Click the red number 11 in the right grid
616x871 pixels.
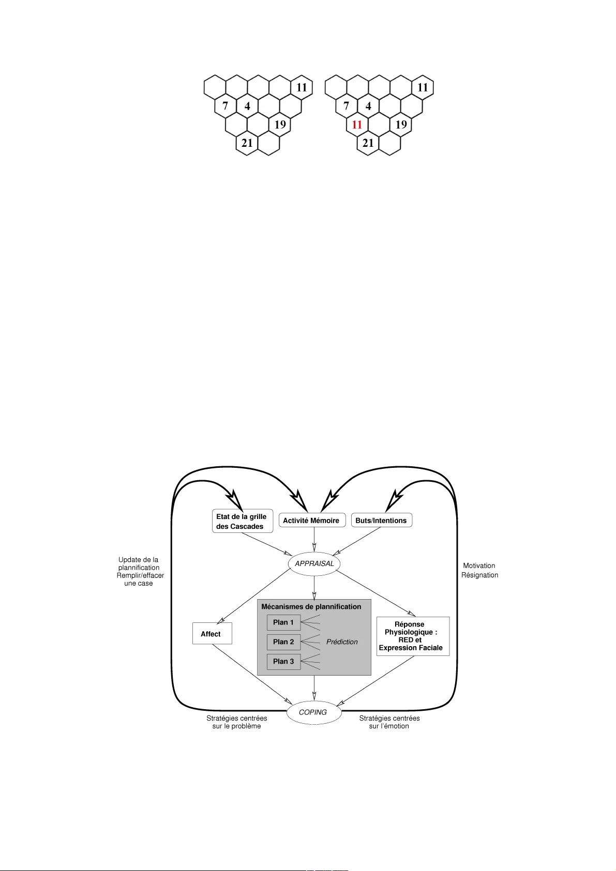(x=357, y=125)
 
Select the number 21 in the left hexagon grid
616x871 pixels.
(x=247, y=143)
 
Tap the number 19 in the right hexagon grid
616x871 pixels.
(x=401, y=125)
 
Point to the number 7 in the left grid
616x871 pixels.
(x=225, y=106)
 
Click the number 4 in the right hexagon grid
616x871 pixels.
(x=368, y=106)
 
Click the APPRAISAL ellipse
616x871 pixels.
(x=314, y=563)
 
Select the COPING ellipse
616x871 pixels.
(x=313, y=712)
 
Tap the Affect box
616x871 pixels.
(x=212, y=634)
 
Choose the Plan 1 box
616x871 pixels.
(x=283, y=622)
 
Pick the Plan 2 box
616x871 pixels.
(x=283, y=642)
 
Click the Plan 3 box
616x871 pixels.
(x=283, y=662)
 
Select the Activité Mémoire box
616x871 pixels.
(x=311, y=521)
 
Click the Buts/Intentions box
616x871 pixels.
(x=381, y=521)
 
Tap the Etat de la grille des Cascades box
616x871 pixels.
(x=242, y=521)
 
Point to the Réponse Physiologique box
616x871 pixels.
(x=412, y=636)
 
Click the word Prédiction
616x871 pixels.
(x=342, y=642)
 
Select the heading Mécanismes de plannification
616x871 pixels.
(x=311, y=607)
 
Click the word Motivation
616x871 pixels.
(x=479, y=566)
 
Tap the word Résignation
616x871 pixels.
(x=479, y=575)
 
